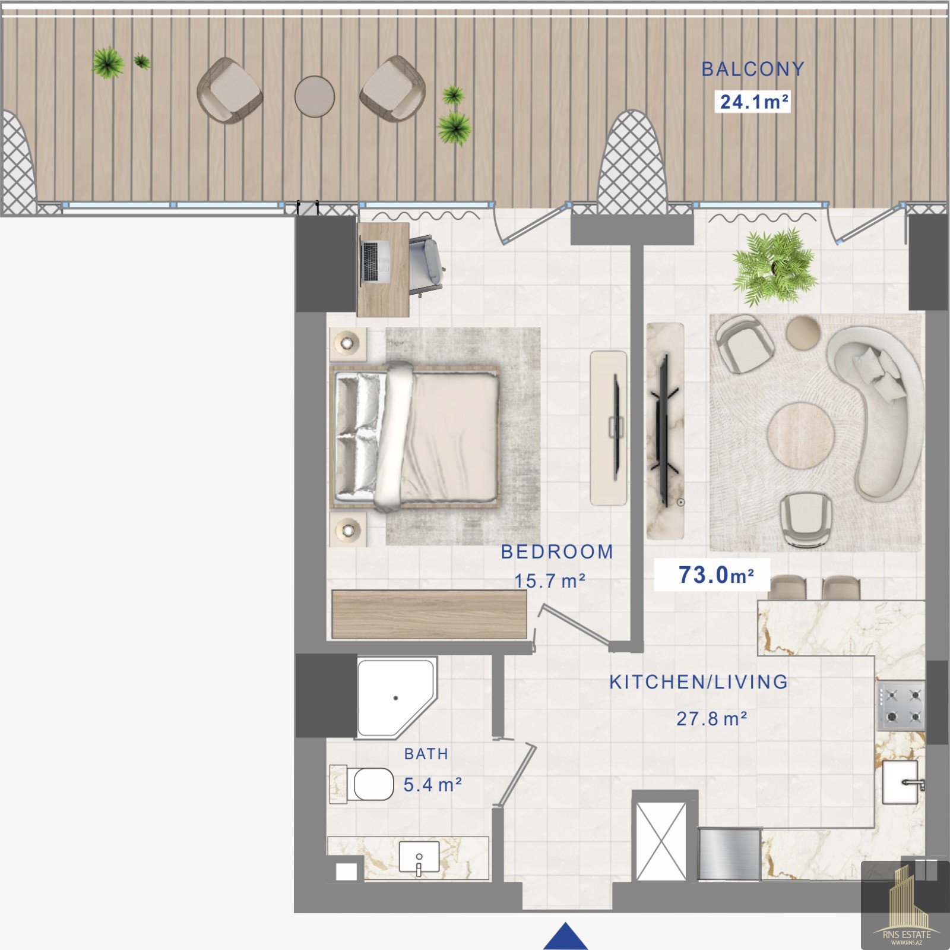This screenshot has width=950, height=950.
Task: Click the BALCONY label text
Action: tap(752, 69)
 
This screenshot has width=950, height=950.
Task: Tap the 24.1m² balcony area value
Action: tap(754, 102)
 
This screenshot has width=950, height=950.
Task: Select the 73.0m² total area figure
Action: tap(716, 575)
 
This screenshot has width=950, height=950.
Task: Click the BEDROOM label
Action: tap(557, 552)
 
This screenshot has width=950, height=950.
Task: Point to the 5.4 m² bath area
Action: tap(432, 785)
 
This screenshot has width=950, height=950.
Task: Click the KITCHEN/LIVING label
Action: tap(699, 682)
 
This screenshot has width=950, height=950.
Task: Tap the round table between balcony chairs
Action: tap(315, 96)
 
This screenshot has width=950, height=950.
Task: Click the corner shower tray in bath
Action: tap(396, 697)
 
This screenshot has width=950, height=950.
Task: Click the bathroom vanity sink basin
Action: tap(419, 857)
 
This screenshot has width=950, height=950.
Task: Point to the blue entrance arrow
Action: tap(565, 936)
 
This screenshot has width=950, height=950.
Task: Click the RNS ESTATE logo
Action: tap(905, 905)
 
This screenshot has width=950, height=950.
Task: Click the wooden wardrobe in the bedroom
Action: tap(429, 614)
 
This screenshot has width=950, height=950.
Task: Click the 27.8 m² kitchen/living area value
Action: tap(711, 719)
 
